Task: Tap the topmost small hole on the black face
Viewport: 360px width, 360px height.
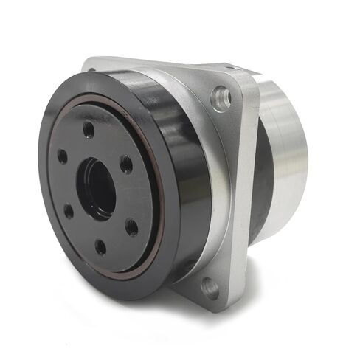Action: click(89, 130)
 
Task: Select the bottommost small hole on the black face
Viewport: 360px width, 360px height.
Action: click(100, 246)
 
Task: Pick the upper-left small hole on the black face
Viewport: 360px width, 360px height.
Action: click(63, 156)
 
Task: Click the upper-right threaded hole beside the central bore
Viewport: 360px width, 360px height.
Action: click(126, 163)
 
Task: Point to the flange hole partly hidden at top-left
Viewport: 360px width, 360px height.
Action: click(92, 71)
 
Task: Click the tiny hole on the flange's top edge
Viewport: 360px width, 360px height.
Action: click(229, 68)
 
